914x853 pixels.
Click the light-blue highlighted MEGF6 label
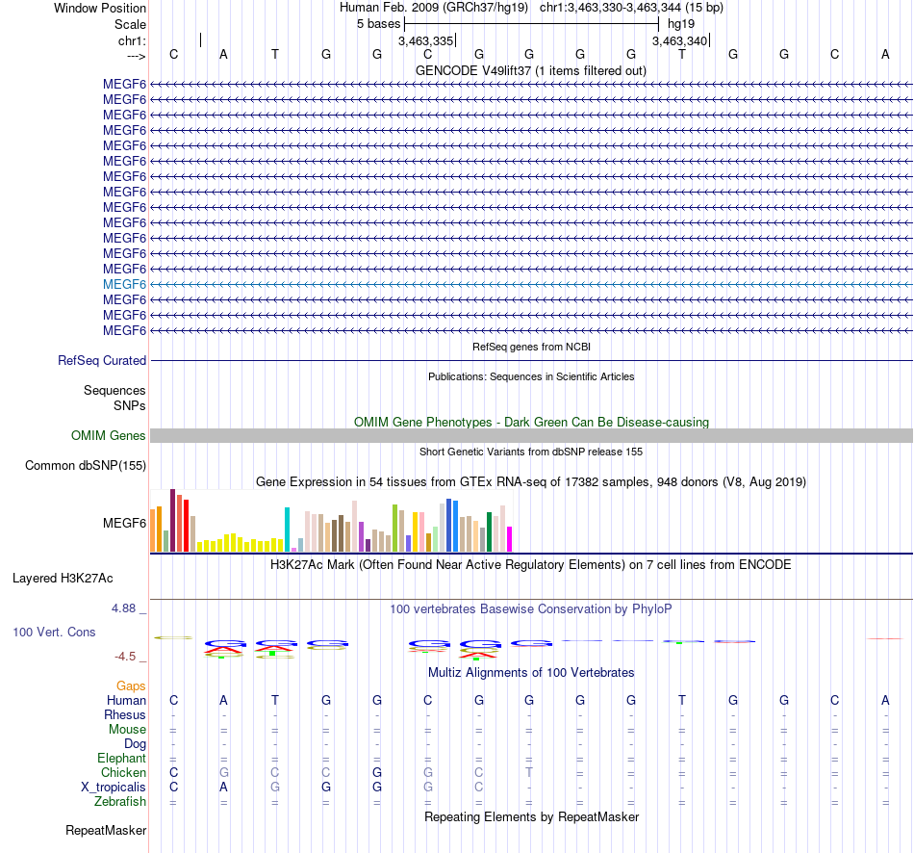[x=124, y=284]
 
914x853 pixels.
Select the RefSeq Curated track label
[x=102, y=361]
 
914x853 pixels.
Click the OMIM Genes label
[x=109, y=435]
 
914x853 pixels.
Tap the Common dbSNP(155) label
[x=86, y=466]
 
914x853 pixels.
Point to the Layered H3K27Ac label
[x=63, y=579]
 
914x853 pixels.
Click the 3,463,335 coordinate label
[x=425, y=40]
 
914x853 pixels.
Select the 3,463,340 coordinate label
[x=679, y=40]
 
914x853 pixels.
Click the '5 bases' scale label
[x=379, y=24]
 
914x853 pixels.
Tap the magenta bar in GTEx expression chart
[x=510, y=539]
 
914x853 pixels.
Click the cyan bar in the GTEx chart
[x=287, y=530]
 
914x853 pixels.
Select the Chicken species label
[x=123, y=772]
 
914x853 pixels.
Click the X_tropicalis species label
[x=114, y=788]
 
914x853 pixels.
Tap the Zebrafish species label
[x=120, y=802]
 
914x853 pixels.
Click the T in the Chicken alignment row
[x=529, y=772]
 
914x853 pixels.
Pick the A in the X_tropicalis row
[x=223, y=788]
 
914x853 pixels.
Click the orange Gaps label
[x=131, y=686]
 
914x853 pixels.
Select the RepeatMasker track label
[x=106, y=830]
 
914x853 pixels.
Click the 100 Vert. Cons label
[x=54, y=632]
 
